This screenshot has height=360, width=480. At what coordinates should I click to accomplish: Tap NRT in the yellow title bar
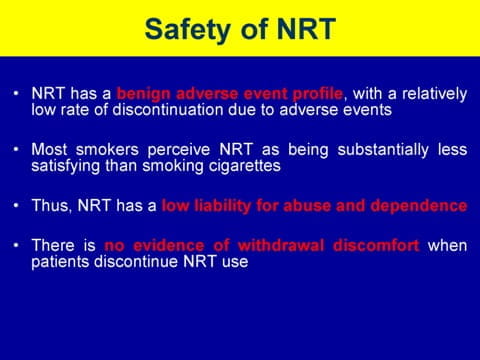pos(306,29)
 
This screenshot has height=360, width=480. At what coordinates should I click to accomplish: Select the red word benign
pos(143,95)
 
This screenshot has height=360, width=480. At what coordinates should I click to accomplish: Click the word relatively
pos(434,94)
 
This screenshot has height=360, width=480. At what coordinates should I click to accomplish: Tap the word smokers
pos(107,149)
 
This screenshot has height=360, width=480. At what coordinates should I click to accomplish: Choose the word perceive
pos(179,151)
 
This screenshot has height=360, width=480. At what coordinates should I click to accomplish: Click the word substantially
pos(383,150)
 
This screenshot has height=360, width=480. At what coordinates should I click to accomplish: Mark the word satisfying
pos(66,166)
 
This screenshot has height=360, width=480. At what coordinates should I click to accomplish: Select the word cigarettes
pos(245,166)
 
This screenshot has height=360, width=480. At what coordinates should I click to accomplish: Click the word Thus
pos(51,206)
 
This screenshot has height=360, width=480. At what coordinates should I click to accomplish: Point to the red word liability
pos(222,206)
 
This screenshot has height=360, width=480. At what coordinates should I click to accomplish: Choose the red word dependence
pos(418,206)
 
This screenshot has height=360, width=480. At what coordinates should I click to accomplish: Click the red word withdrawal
pos(281,246)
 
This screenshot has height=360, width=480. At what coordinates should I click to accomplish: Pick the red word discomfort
pos(376,246)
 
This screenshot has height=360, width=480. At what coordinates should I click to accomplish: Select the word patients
pos(60,262)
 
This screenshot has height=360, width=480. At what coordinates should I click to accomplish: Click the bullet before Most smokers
pos(16,149)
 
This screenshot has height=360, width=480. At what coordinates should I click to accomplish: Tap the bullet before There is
pos(16,245)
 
